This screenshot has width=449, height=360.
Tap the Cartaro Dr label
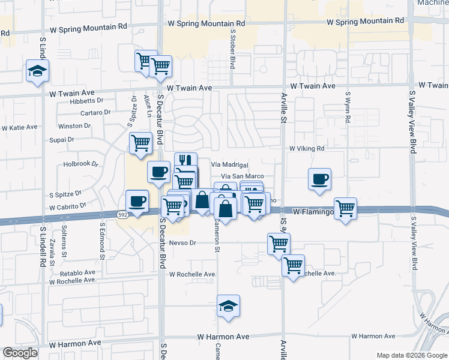pyautogui.click(x=95, y=112)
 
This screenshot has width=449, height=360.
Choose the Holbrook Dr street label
pyautogui.click(x=80, y=164)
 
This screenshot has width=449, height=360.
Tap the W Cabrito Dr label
pyautogui.click(x=68, y=205)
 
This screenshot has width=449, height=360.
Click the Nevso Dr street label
pyautogui.click(x=183, y=243)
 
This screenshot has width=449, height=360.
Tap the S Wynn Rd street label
pyautogui.click(x=348, y=107)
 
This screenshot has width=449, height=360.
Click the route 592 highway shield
pyautogui.click(x=122, y=214)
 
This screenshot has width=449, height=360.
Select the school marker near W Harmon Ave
pyautogui.click(x=229, y=307)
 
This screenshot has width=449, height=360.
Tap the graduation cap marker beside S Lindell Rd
pyautogui.click(x=38, y=72)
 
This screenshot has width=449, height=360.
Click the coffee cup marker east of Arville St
pyautogui.click(x=319, y=178)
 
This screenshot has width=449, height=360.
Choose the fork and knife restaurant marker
pyautogui.click(x=186, y=161)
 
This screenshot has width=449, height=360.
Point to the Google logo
pyautogui.click(x=20, y=353)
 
